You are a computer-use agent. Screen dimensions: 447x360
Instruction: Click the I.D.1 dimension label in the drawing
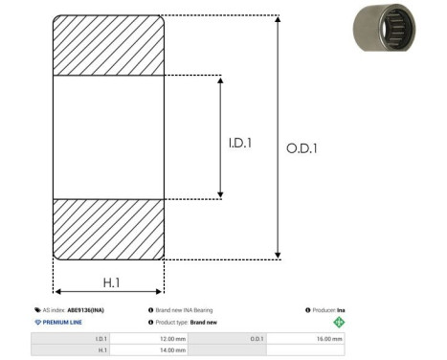click(240, 143)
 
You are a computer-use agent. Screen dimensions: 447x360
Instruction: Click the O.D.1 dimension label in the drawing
click(302, 148)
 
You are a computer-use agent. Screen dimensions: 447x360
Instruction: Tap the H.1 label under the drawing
click(111, 282)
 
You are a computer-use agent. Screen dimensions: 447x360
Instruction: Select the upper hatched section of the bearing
click(108, 45)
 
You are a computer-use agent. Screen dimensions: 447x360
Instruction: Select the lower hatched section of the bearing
click(108, 230)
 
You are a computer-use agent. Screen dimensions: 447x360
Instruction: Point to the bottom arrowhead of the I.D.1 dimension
click(220, 194)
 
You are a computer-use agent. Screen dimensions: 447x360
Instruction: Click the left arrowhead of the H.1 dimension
click(58, 291)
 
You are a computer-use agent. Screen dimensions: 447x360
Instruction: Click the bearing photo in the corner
click(384, 28)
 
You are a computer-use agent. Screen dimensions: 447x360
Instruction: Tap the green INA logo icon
click(339, 322)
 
